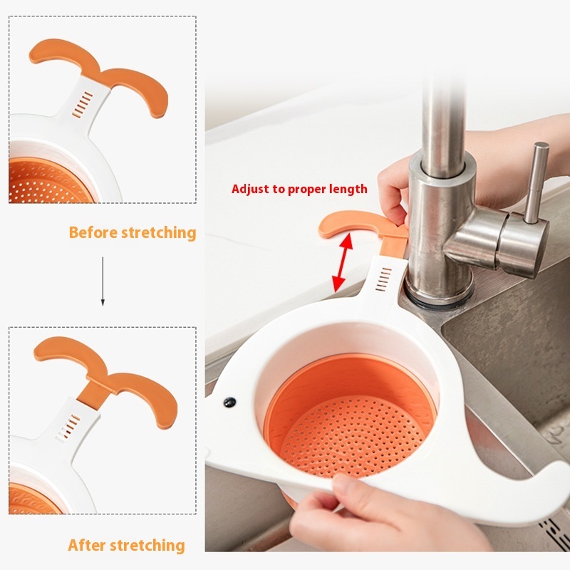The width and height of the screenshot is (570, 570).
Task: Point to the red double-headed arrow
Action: pos(343,262)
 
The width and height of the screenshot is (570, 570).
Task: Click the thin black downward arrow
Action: pos(103,281)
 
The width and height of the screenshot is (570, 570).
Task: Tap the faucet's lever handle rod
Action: pos(536,182)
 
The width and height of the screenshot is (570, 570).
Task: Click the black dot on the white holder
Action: pos(229,402)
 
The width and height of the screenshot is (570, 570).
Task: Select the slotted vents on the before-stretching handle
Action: pos(82,105)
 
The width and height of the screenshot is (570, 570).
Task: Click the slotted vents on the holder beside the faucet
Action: pos(383,279)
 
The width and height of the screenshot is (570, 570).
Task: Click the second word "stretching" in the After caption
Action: pos(147,545)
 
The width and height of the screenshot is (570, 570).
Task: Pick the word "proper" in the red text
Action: pos(306,190)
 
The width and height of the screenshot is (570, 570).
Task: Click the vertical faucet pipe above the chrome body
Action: pos(444,120)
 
